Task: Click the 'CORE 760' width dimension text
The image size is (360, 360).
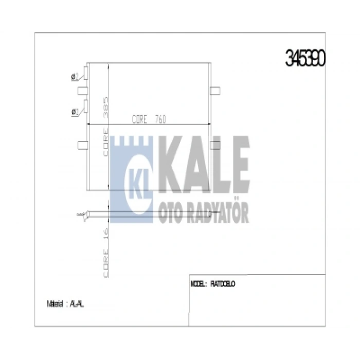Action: click(x=149, y=119)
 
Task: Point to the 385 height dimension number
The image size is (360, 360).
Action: click(x=106, y=105)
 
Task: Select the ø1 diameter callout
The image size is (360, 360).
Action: click(x=75, y=111)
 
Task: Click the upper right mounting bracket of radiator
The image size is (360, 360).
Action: click(x=215, y=91)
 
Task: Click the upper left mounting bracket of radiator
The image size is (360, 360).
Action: click(x=82, y=92)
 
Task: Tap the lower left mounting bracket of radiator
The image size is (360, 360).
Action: click(x=82, y=145)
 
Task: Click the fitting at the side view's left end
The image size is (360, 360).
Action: click(x=81, y=214)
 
